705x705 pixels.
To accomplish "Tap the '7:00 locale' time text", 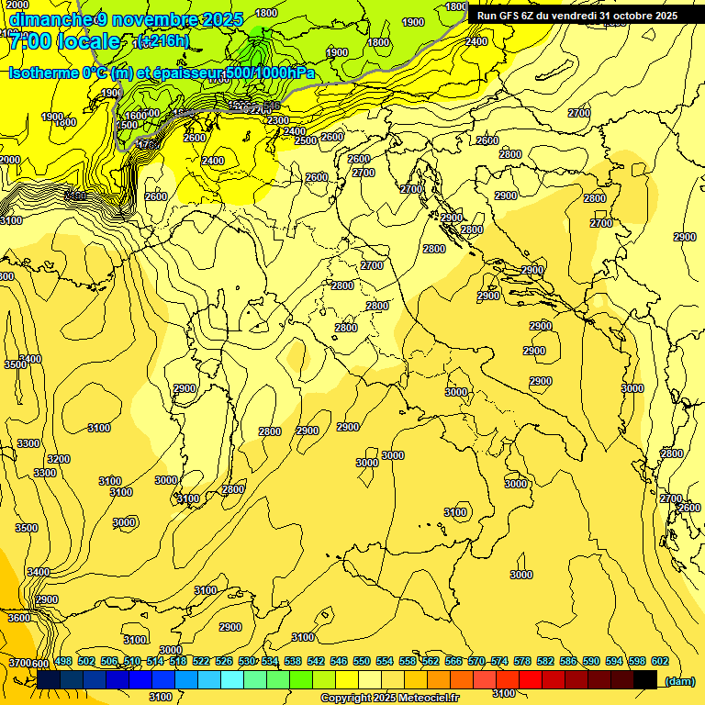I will (x=63, y=41).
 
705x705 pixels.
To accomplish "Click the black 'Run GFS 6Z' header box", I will (x=576, y=16).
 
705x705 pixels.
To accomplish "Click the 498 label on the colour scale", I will (x=63, y=662).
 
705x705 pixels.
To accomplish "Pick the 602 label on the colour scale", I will (x=659, y=662).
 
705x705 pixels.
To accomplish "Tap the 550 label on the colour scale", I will (x=362, y=662).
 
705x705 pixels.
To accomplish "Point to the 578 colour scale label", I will (x=521, y=662).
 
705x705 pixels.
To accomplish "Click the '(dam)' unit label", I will (x=680, y=681).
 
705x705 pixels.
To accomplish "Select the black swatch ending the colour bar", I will (x=645, y=679).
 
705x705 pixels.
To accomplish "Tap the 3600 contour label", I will (x=18, y=619).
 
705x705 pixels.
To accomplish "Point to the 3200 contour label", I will (x=59, y=459).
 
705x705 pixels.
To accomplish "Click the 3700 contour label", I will (x=18, y=663).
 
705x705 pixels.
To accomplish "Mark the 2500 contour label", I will (x=306, y=140).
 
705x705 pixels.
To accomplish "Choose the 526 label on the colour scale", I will (x=223, y=662).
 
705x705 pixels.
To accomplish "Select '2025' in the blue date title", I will (x=222, y=19).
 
